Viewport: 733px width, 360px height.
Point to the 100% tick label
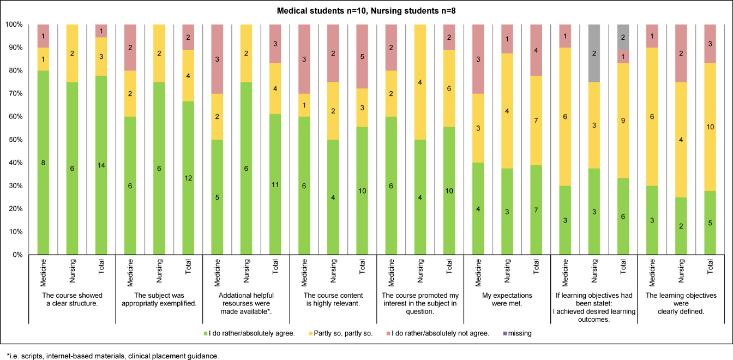pyautogui.click(x=14, y=25)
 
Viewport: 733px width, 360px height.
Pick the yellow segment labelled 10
pyautogui.click(x=711, y=127)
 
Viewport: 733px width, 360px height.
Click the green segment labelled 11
pyautogui.click(x=275, y=184)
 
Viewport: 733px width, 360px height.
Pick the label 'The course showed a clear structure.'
pyautogui.click(x=70, y=300)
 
